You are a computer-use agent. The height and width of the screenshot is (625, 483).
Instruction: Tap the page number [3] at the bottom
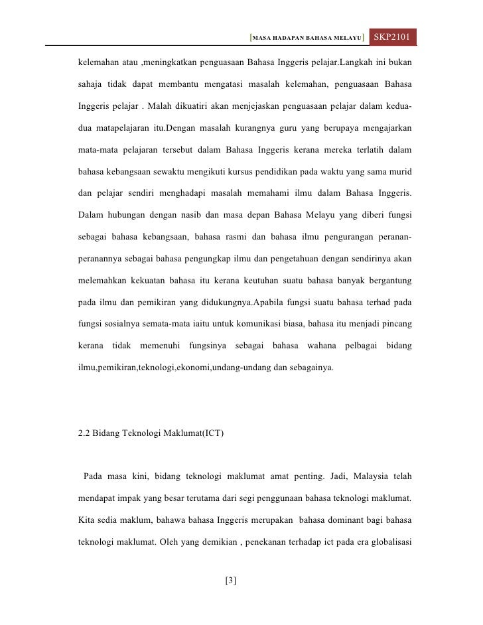(231, 581)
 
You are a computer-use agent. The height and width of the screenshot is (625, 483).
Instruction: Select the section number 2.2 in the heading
(85, 434)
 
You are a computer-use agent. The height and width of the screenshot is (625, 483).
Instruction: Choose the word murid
(399, 172)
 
